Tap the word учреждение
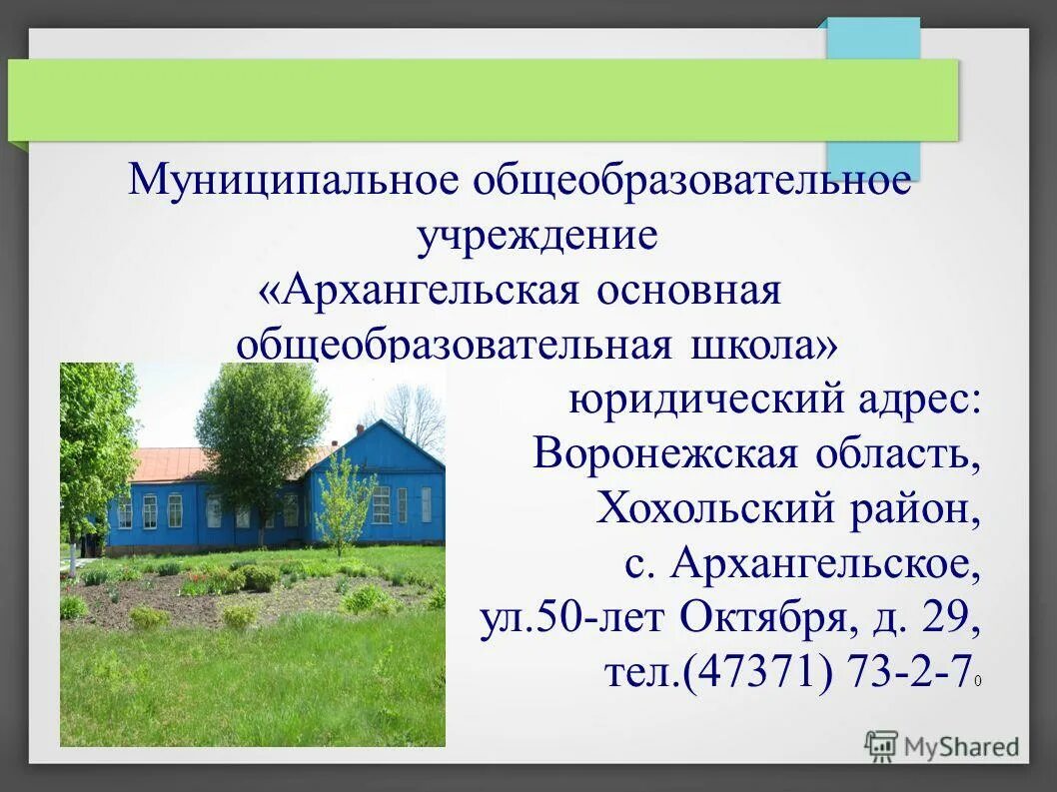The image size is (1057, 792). [x=536, y=237]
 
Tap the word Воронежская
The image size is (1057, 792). [x=665, y=454]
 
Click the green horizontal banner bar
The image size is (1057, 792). [x=480, y=99]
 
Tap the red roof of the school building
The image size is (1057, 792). [x=170, y=462]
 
